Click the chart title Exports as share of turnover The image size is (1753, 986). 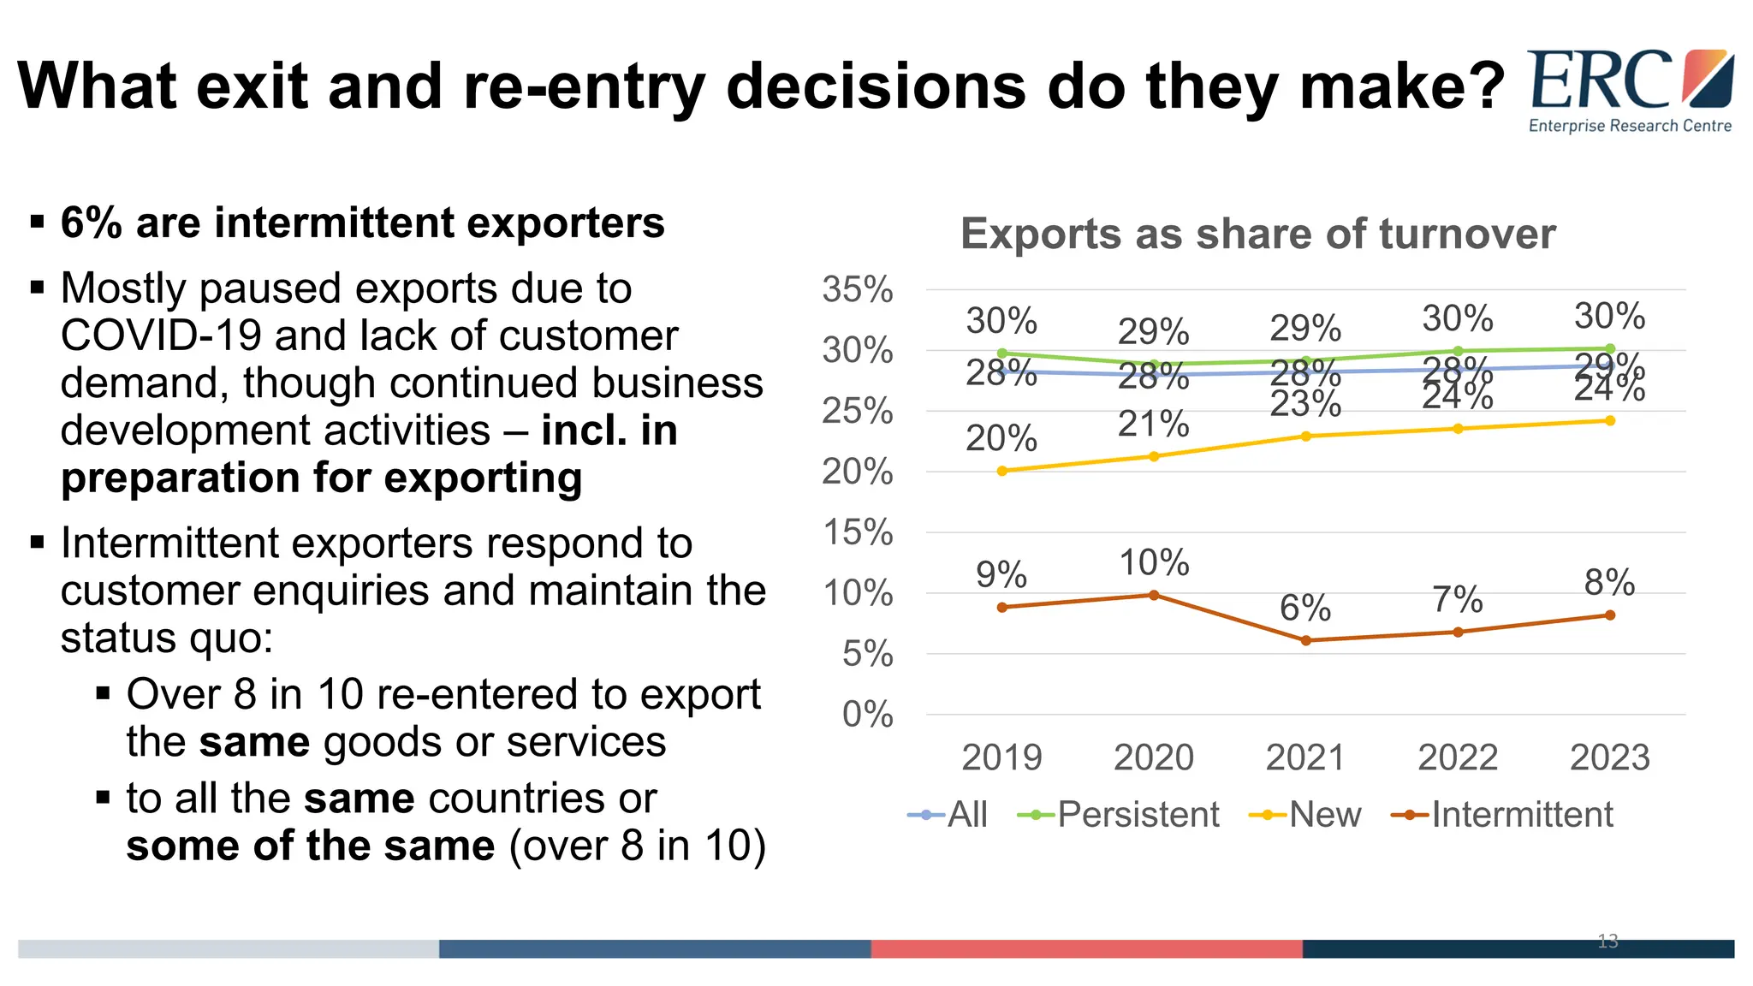tap(1257, 234)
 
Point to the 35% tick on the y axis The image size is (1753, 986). tap(857, 289)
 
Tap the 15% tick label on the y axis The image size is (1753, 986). tap(857, 532)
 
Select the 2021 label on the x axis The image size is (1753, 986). tap(1305, 757)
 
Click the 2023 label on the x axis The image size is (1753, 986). tap(1609, 757)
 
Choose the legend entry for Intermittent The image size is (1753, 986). tap(1503, 814)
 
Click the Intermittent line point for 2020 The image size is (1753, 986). tap(1154, 595)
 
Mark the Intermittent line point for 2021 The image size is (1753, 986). tap(1305, 640)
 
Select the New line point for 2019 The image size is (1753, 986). tap(1002, 471)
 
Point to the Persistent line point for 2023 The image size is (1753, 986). tap(1610, 348)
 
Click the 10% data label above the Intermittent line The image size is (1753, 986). tap(1154, 563)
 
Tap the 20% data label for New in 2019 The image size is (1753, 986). tap(1001, 439)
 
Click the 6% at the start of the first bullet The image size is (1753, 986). tap(91, 223)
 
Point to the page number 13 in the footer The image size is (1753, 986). tap(1607, 941)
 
